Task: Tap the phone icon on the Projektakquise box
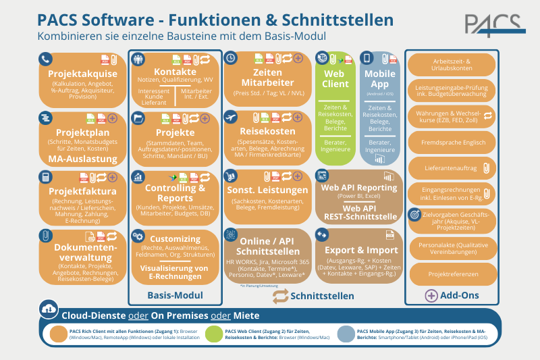click(x=45, y=59)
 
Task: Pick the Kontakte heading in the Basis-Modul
click(x=175, y=72)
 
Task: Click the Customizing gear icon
click(x=138, y=236)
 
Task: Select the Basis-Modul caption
click(x=175, y=295)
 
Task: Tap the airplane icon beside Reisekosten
click(x=231, y=117)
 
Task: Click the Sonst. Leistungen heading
click(x=268, y=191)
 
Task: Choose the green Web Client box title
click(x=335, y=79)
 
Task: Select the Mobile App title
click(x=380, y=79)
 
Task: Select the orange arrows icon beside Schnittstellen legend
click(x=280, y=296)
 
